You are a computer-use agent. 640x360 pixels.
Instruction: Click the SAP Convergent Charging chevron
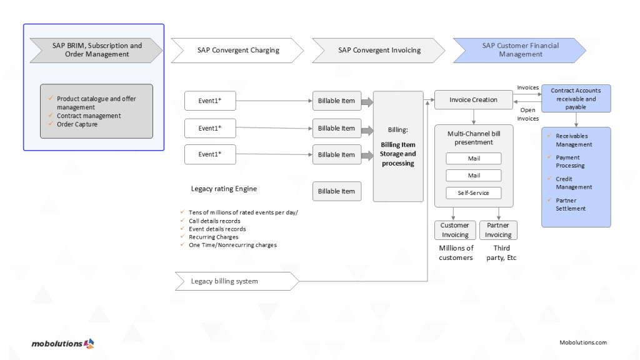click(237, 50)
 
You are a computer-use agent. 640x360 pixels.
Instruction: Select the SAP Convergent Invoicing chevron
click(379, 50)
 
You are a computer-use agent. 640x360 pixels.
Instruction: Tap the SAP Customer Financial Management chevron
click(520, 50)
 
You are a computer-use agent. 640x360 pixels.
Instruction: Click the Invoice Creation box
click(474, 99)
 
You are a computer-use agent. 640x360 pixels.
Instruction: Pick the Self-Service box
click(474, 192)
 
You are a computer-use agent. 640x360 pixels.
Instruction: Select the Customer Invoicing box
click(454, 230)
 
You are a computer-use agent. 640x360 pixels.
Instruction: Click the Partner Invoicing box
click(498, 230)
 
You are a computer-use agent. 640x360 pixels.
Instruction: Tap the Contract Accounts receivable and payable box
click(575, 99)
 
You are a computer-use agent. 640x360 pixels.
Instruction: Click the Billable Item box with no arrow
click(336, 191)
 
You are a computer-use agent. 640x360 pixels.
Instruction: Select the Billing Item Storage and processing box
click(398, 146)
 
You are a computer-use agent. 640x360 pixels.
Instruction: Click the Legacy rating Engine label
click(224, 189)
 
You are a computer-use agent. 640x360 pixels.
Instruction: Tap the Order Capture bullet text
click(77, 124)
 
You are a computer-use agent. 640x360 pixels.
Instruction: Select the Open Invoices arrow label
click(527, 114)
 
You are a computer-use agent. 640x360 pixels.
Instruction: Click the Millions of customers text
click(456, 252)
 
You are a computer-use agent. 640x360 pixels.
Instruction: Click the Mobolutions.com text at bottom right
click(582, 342)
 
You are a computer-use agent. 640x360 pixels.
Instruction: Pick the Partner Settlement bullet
click(570, 204)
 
